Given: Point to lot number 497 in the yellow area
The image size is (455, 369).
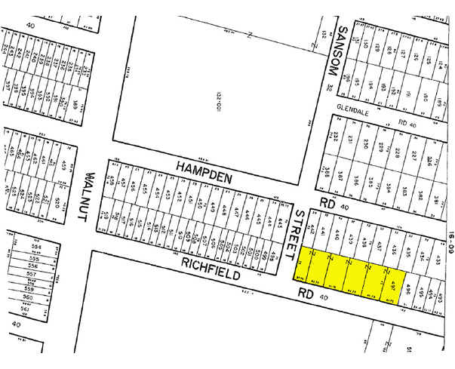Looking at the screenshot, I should point(392,284).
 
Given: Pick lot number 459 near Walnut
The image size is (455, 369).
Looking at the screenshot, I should point(110,181).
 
